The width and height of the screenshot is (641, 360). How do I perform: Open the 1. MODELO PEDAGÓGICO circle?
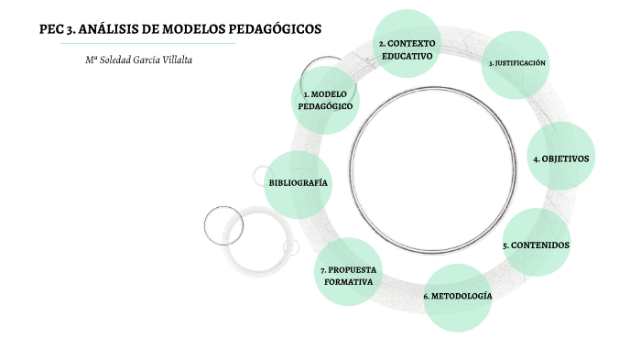(325, 100)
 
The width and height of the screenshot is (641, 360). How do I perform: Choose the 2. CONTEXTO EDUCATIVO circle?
(407, 49)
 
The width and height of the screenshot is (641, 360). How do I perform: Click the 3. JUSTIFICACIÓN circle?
(516, 63)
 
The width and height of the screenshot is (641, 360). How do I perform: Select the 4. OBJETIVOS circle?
(561, 158)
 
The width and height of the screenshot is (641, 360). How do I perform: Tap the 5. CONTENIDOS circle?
(536, 245)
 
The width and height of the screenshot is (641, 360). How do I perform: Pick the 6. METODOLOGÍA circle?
(458, 297)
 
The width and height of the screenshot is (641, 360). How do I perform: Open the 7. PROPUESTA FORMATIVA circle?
(348, 275)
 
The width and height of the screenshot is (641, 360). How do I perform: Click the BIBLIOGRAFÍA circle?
(298, 183)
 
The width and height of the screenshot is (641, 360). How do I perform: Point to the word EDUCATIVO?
(407, 56)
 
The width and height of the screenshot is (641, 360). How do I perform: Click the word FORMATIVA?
(349, 282)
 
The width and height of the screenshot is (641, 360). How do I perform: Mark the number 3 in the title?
(70, 28)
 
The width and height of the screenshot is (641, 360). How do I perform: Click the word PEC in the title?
(51, 28)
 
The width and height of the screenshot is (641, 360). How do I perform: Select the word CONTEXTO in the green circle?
(412, 43)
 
